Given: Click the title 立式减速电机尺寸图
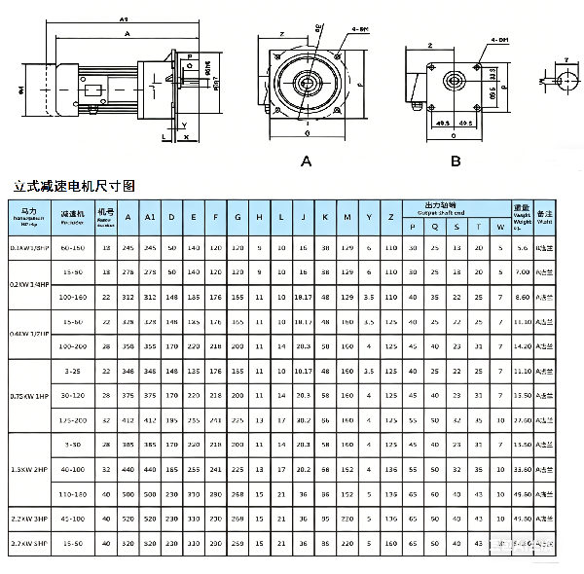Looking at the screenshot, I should pyautogui.click(x=74, y=183).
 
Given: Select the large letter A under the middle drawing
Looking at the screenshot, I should pyautogui.click(x=305, y=159).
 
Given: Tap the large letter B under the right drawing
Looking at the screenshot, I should pyautogui.click(x=456, y=159).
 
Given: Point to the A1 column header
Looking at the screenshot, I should pyautogui.click(x=149, y=216).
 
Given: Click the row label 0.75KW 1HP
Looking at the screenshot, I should pyautogui.click(x=27, y=395).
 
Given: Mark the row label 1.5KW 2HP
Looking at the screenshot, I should pyautogui.click(x=27, y=469).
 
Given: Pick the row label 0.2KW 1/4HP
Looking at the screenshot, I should pyautogui.click(x=27, y=283).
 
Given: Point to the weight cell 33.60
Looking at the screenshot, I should pyautogui.click(x=523, y=469).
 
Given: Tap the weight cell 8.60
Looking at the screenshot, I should pyautogui.click(x=523, y=296).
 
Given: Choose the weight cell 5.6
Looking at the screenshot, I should pyautogui.click(x=523, y=248).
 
